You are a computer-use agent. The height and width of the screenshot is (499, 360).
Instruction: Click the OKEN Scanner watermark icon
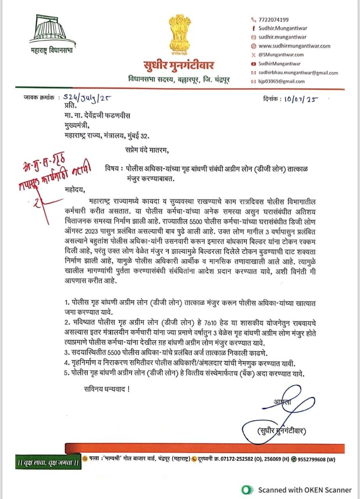coord(246,490)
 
